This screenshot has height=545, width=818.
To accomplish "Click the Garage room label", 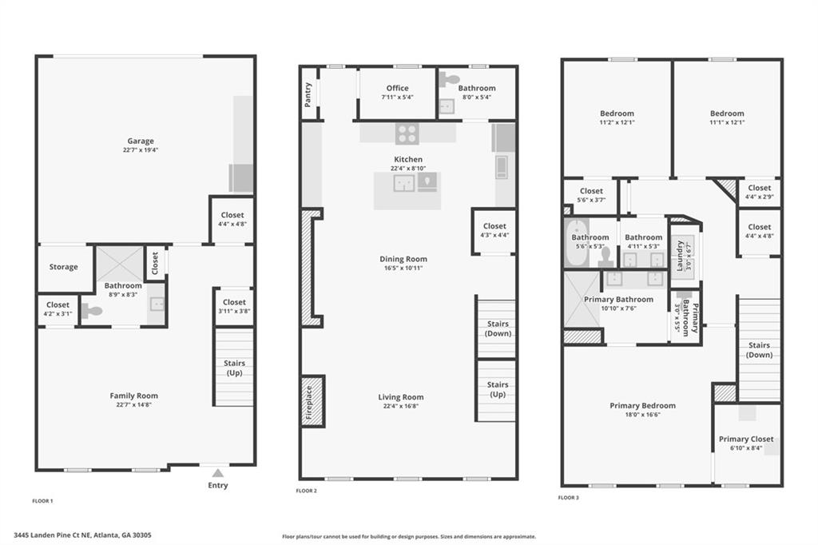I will pos(140,141).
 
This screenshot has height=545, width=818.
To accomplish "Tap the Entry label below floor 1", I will pos(218,485).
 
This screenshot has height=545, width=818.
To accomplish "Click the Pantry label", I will pos(308,93).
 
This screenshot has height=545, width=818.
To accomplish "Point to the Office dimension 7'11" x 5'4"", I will pos(397,97).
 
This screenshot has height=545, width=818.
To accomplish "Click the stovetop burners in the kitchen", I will pos(406,133).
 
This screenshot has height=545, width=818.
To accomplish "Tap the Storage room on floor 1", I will pos(63,267).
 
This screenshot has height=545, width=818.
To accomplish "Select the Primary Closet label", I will pos(745,439).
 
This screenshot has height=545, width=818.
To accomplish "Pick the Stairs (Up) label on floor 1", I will pos(234,368).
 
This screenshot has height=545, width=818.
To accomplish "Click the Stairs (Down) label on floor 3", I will pos(759,350).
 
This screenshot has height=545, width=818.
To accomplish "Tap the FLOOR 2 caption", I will pos(306,491).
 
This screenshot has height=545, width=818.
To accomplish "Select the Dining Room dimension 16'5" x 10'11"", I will pos(403,269).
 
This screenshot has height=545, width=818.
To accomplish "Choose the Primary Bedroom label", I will pos(642,406).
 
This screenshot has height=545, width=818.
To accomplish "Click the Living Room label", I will pos(401,397).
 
